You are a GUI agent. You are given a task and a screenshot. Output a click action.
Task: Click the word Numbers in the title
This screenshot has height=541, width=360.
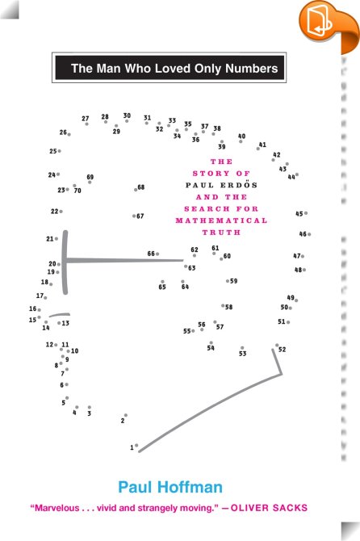(252, 69)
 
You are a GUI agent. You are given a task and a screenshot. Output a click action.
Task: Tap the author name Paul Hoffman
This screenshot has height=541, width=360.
(170, 487)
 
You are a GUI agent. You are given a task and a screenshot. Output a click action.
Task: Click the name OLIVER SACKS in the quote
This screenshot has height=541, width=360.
(269, 508)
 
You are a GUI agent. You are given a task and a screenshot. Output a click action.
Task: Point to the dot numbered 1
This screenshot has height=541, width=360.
(136, 446)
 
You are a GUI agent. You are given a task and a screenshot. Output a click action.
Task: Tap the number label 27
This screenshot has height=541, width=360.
(86, 119)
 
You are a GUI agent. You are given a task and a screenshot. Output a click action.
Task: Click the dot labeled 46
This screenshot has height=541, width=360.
(309, 234)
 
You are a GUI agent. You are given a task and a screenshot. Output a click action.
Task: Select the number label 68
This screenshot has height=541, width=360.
(141, 187)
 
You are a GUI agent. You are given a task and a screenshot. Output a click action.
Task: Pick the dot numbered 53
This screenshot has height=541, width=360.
(242, 348)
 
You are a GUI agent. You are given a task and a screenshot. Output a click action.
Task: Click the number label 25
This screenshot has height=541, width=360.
(52, 151)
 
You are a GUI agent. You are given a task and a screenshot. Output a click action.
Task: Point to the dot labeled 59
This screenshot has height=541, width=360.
(228, 281)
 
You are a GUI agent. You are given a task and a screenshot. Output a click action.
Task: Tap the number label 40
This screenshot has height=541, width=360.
(241, 136)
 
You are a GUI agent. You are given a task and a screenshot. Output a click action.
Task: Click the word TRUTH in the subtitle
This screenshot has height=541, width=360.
(221, 233)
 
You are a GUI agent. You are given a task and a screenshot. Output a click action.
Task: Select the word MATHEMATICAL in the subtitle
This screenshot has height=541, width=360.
(221, 220)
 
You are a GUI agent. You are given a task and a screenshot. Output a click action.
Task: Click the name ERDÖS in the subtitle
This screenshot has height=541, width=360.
(239, 185)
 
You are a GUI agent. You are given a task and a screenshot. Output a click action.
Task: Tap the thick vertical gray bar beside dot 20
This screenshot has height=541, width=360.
(65, 262)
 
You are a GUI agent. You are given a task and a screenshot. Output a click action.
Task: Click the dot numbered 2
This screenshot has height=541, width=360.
(126, 415)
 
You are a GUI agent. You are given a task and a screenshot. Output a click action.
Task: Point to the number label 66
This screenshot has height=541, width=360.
(151, 254)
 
